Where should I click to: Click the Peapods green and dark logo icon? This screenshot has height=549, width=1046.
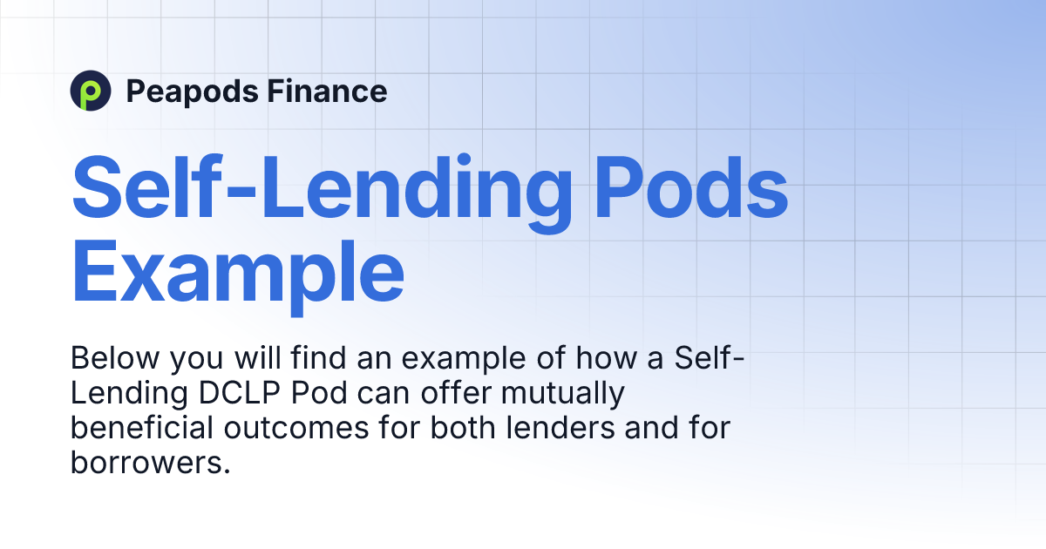click(x=91, y=91)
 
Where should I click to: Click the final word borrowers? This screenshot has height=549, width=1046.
click(x=149, y=464)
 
